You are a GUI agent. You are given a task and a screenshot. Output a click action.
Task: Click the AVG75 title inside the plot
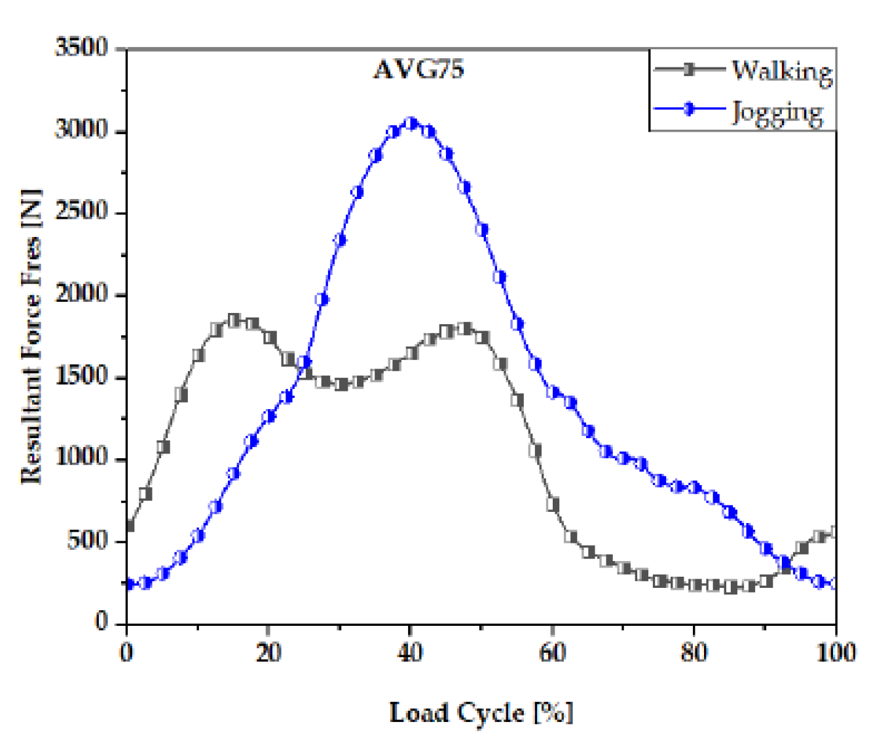(418, 69)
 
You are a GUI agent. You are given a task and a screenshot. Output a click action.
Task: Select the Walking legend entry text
(782, 71)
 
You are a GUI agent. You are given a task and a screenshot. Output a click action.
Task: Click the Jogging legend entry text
(777, 112)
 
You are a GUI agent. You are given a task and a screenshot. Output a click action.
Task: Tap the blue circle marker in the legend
(689, 109)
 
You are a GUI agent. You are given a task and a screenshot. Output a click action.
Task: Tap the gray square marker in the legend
(689, 69)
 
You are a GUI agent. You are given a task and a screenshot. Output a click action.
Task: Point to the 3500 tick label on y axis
(81, 48)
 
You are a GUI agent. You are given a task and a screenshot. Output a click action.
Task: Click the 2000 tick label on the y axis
(81, 294)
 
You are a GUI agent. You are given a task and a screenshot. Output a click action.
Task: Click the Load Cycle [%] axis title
(481, 712)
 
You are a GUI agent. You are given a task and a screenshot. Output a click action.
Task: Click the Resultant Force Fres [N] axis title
(31, 337)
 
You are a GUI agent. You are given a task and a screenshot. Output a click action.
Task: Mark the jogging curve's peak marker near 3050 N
(411, 123)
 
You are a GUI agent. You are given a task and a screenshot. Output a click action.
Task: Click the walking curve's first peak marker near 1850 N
(234, 320)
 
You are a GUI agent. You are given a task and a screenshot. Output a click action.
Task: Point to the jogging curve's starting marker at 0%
(128, 584)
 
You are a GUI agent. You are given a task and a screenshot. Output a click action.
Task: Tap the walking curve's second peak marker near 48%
(466, 329)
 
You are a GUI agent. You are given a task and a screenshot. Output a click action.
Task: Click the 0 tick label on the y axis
(101, 621)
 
